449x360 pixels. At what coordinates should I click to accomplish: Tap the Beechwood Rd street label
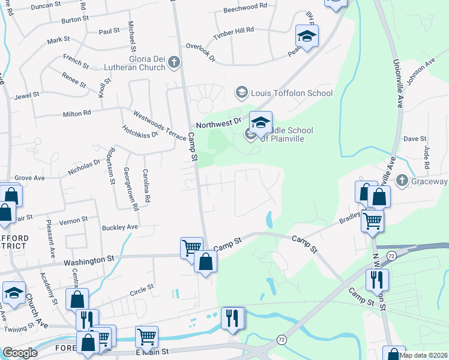[x=245, y=7]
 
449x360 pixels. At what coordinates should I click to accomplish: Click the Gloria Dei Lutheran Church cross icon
[x=174, y=61]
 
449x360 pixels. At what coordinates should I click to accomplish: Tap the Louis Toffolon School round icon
[x=241, y=92]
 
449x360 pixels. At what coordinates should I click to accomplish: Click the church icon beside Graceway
[x=402, y=181]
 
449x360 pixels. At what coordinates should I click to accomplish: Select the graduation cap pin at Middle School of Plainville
[x=261, y=122]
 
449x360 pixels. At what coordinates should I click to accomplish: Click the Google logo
[x=20, y=353]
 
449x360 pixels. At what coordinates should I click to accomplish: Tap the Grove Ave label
[x=30, y=178]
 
